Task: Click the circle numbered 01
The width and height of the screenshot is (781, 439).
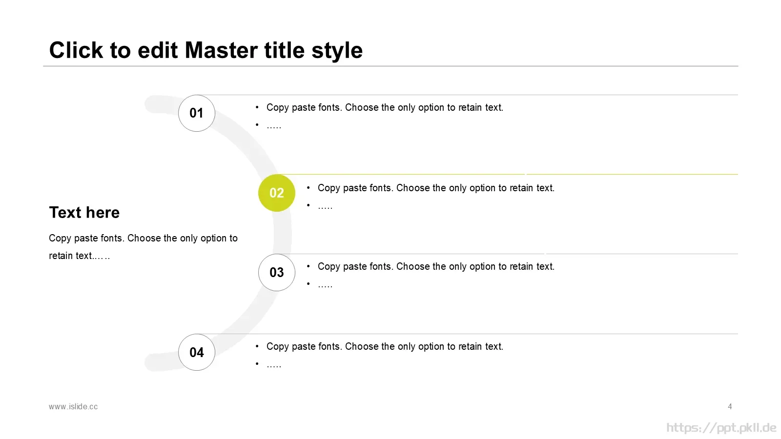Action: pos(197,113)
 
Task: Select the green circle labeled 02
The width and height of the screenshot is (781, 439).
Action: pos(276,193)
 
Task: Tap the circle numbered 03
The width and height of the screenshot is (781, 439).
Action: pos(276,273)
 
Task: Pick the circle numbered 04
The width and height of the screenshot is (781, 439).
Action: pos(197,352)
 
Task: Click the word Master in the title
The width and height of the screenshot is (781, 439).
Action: pos(221,50)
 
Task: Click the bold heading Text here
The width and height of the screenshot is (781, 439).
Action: pos(84,213)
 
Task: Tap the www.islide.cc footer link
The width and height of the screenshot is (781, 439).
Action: pos(73,407)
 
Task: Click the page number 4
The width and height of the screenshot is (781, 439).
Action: pos(730,407)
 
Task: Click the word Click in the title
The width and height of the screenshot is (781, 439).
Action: pos(76,50)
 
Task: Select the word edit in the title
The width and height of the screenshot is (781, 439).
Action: pos(158,50)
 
